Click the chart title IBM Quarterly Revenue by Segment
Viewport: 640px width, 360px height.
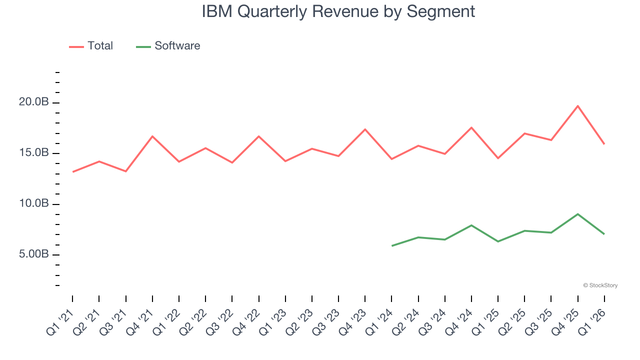click(338, 11)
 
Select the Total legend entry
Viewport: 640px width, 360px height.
click(91, 46)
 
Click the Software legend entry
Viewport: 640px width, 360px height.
click(168, 46)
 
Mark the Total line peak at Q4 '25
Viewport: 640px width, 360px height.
click(578, 106)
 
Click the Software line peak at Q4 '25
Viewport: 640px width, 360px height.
click(578, 214)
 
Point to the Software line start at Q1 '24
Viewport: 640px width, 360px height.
click(392, 245)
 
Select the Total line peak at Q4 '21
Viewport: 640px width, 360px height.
click(152, 136)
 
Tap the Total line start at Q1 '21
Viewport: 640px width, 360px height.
click(73, 172)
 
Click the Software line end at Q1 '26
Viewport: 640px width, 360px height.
click(604, 234)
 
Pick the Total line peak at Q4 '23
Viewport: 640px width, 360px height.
click(365, 129)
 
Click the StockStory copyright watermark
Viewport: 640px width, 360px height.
click(600, 285)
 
